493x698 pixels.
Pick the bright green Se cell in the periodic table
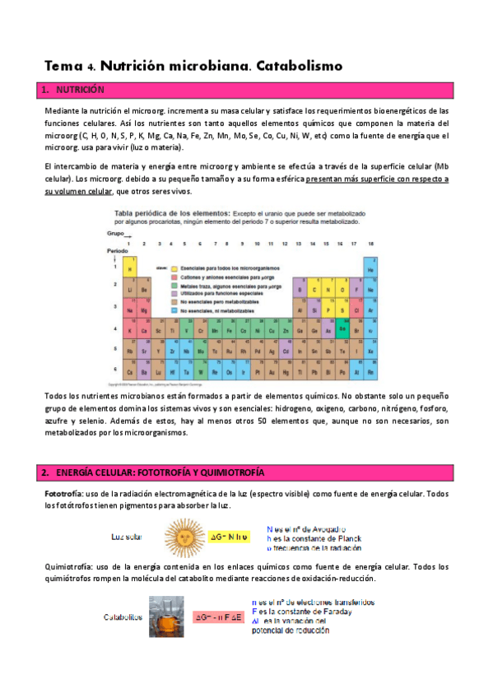tap(342, 328)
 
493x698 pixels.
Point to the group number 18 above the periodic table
tap(370, 244)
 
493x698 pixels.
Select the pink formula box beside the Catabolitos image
tap(219, 616)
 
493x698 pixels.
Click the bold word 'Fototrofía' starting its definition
tap(62, 493)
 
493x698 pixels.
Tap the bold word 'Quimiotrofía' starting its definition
tap(67, 566)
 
